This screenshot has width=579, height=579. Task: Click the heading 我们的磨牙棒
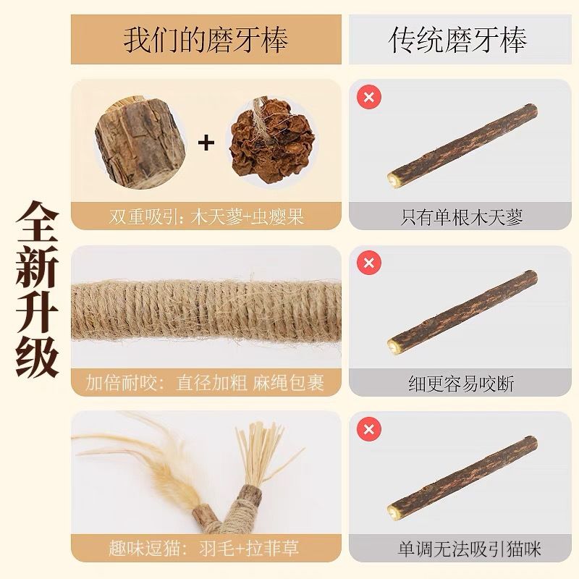(206, 40)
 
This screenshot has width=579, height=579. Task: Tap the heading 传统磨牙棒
(457, 40)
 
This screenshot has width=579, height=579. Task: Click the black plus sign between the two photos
(206, 143)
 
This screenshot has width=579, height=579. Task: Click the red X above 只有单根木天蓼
(369, 97)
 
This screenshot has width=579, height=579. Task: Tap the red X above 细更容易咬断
(369, 263)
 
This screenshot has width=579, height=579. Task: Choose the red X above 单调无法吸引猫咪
(369, 429)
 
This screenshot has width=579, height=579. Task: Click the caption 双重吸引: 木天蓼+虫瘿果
(206, 216)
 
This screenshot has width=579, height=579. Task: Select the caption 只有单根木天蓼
(461, 217)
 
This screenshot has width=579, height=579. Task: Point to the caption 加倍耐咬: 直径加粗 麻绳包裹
(205, 383)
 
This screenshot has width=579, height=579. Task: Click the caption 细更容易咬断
(461, 384)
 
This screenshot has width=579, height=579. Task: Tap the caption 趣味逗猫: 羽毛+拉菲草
(204, 548)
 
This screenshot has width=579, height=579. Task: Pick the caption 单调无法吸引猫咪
(469, 549)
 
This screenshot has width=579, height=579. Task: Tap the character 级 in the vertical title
(38, 356)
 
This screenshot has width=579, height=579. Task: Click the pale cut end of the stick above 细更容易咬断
(393, 346)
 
